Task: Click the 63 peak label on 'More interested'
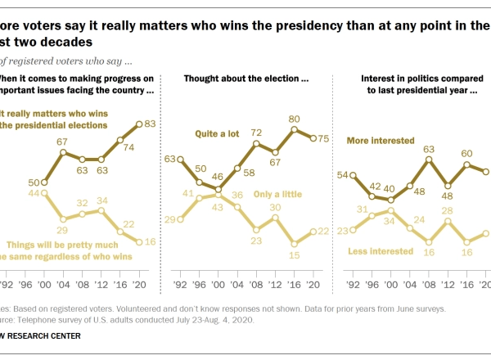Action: coord(428,149)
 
